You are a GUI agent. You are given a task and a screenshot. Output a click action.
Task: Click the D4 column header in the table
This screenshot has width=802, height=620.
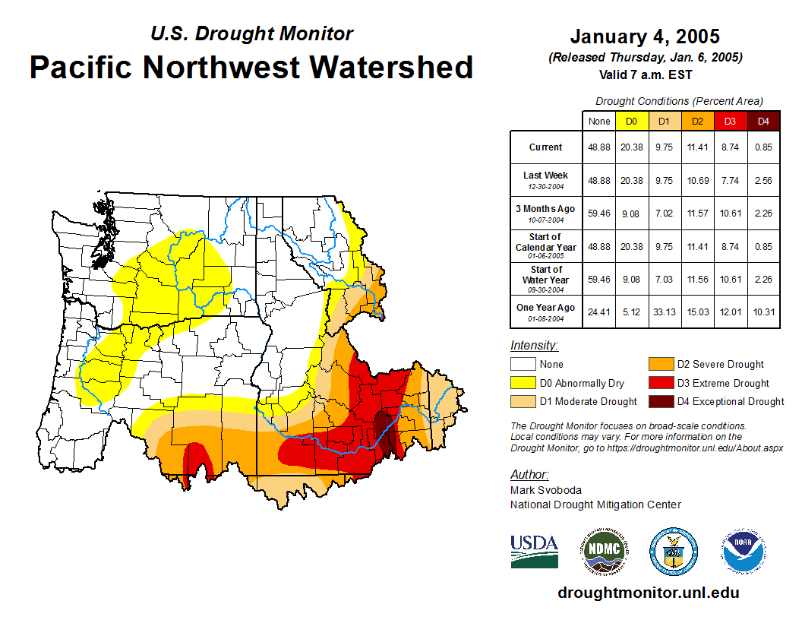pos(763,121)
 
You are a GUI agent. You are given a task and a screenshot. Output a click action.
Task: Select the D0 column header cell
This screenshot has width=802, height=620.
pos(631,121)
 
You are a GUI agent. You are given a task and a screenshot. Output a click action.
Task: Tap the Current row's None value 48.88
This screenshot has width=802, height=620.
pos(599,147)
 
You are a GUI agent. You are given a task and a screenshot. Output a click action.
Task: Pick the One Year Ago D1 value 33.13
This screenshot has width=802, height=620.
pos(664,308)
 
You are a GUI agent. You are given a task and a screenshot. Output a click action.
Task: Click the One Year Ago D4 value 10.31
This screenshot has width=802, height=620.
pos(763,308)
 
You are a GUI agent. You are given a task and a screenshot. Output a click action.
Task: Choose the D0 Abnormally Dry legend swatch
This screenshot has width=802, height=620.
pos(524,383)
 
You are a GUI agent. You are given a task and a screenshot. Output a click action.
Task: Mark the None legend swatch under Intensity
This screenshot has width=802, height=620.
pos(524,365)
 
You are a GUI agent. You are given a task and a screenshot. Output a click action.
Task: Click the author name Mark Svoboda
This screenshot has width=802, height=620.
pos(545,490)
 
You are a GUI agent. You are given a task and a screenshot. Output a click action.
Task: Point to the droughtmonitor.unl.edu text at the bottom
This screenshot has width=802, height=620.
pos(648,593)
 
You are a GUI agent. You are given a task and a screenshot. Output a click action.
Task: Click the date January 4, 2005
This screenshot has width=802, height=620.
pos(645,36)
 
